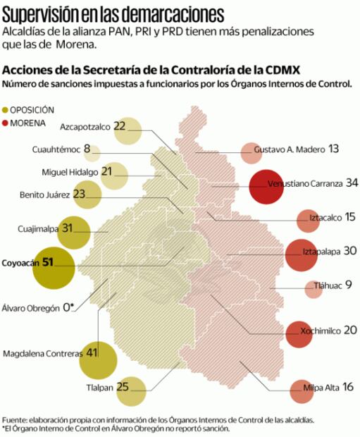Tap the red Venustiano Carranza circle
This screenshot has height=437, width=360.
270,187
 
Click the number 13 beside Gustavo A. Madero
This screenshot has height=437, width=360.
333,149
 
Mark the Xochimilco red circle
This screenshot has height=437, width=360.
299,333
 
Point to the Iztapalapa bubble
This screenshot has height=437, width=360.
302,255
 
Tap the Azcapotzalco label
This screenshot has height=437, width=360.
85,127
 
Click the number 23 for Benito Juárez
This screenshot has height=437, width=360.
79,194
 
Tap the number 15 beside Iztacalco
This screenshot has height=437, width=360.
349,217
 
